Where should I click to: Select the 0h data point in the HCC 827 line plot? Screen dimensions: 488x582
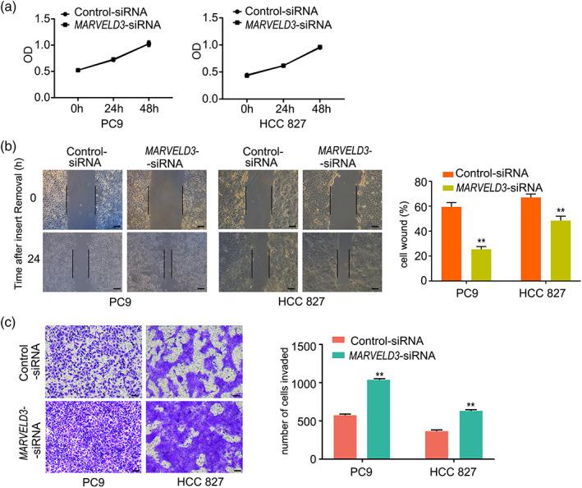click(246, 76)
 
